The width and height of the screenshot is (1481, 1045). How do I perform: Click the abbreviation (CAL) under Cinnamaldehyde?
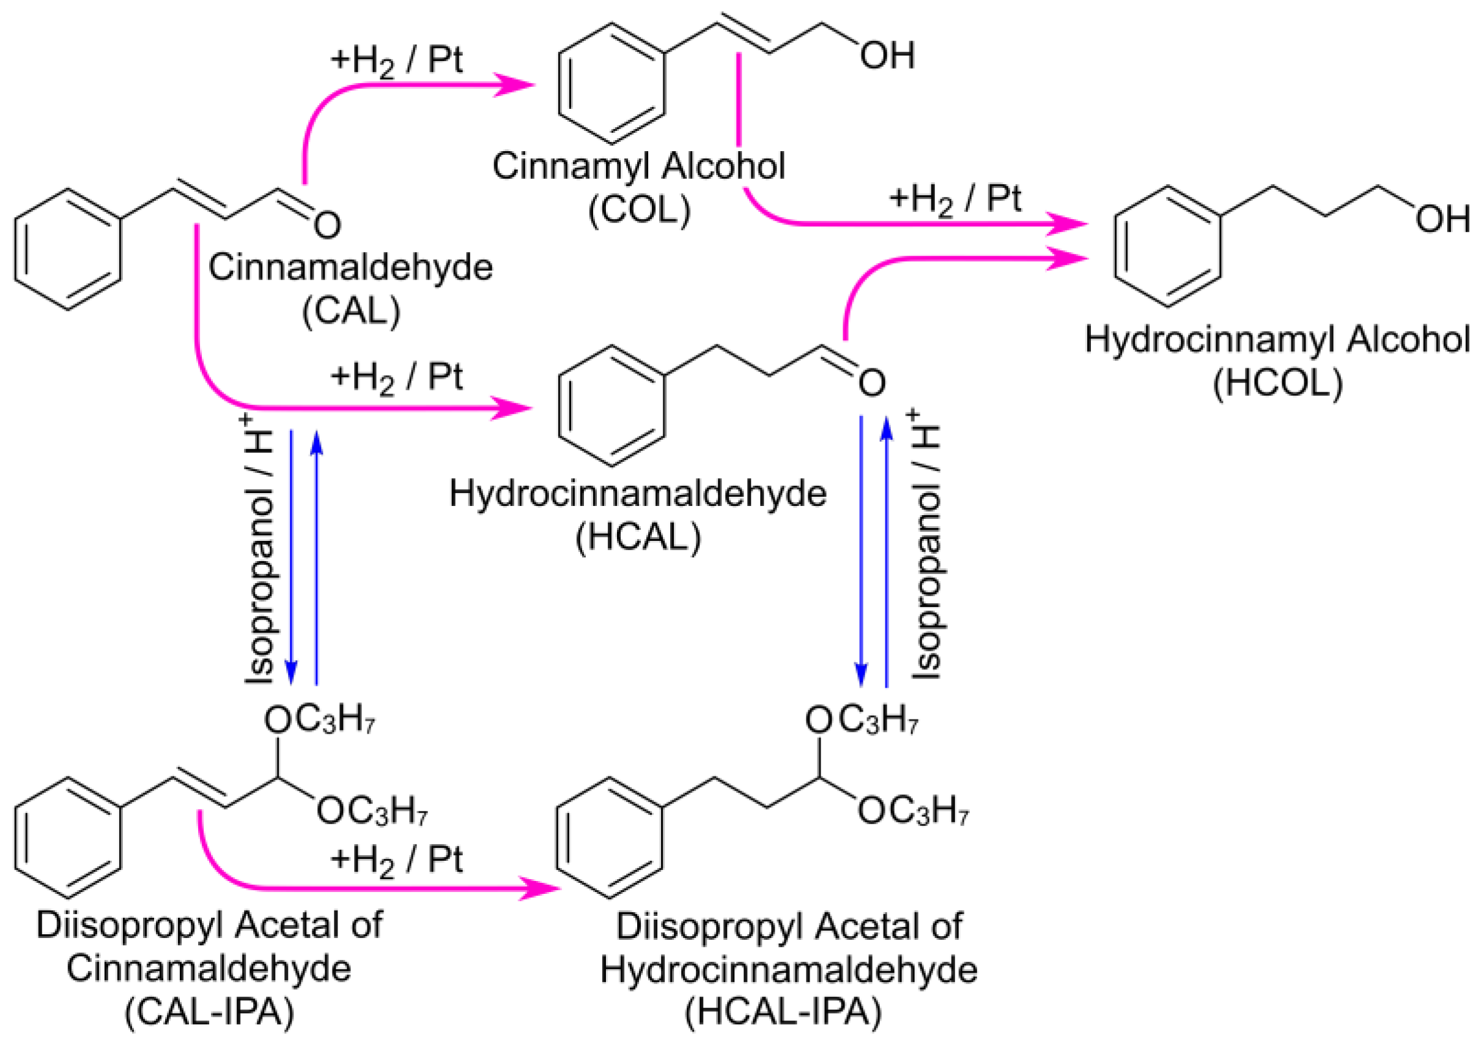click(352, 310)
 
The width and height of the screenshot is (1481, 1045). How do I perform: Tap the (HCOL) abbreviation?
click(1278, 383)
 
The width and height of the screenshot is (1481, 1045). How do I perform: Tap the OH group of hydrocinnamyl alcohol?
click(1442, 220)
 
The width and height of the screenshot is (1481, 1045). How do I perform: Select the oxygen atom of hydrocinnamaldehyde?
click(871, 384)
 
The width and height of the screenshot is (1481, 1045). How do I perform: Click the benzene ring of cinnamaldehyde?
click(68, 249)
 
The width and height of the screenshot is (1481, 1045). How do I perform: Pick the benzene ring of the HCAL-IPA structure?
click(610, 837)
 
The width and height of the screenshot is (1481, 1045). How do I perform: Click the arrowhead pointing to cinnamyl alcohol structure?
click(516, 84)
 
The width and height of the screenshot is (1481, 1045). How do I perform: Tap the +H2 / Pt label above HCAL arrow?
click(397, 378)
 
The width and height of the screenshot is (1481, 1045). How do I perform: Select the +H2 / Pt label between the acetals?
click(397, 861)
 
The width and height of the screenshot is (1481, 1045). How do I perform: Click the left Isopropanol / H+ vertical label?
click(259, 549)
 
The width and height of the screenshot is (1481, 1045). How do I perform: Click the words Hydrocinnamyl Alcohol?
click(1277, 340)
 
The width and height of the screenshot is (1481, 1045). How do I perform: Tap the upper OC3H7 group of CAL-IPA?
click(320, 720)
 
